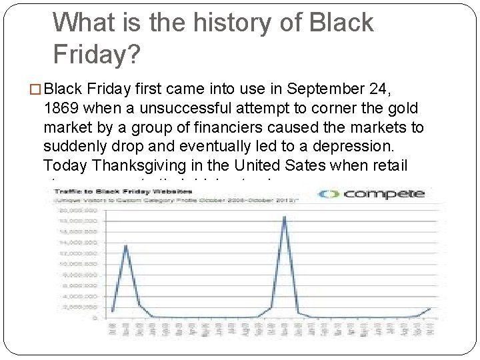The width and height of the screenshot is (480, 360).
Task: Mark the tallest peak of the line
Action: click(x=285, y=217)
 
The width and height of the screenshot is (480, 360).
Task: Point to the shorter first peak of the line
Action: click(x=125, y=245)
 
